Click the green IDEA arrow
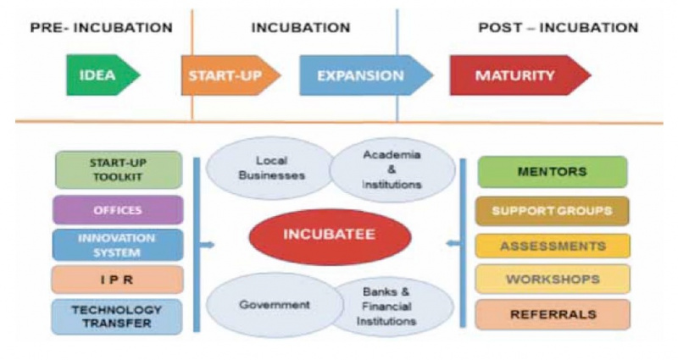pyautogui.click(x=103, y=75)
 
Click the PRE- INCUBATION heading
pyautogui.click(x=102, y=28)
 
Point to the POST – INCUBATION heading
pyautogui.click(x=559, y=28)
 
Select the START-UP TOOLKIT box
pyautogui.click(x=119, y=170)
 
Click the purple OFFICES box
pyautogui.click(x=118, y=210)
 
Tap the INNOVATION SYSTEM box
pyautogui.click(x=118, y=245)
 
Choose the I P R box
pyautogui.click(x=118, y=280)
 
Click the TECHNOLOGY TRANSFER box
pyautogui.click(x=117, y=317)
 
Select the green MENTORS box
pyautogui.click(x=553, y=172)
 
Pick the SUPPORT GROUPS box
pyautogui.click(x=553, y=211)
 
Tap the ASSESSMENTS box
pyautogui.click(x=553, y=246)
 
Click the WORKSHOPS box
pyautogui.click(x=553, y=279)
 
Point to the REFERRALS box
pyautogui.click(x=553, y=314)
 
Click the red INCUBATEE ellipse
pyautogui.click(x=330, y=236)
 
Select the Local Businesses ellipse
pyautogui.click(x=270, y=168)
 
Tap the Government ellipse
pyautogui.click(x=274, y=305)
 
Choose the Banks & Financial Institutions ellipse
pyautogui.click(x=392, y=307)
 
